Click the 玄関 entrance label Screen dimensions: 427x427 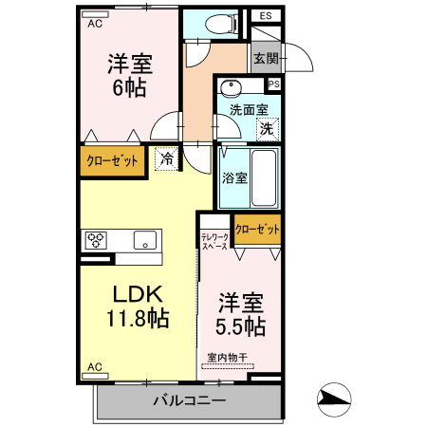[265, 59]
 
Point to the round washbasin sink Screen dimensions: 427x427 [230, 89]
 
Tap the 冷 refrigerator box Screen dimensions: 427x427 [167, 158]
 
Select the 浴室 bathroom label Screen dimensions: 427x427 [235, 177]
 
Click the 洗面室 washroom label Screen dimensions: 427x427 [249, 109]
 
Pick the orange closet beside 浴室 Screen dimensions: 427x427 [258, 229]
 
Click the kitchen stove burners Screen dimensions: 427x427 [98, 240]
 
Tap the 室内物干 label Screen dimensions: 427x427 [227, 358]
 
